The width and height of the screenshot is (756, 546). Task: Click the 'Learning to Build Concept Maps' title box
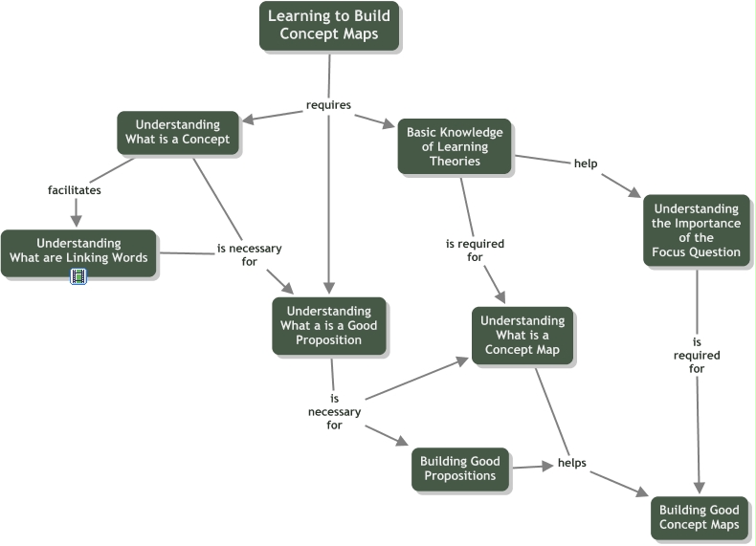tap(328, 26)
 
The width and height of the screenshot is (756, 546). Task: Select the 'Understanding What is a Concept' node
tap(177, 132)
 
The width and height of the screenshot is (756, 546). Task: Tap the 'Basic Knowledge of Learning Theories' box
tap(455, 146)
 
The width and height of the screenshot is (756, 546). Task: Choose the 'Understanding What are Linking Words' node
tap(78, 251)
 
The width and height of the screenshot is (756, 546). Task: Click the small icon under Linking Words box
tap(78, 276)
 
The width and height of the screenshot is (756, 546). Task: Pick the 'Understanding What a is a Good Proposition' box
tap(328, 325)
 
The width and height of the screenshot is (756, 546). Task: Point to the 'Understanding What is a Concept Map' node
tap(523, 335)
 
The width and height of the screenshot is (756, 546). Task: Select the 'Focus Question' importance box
tap(696, 230)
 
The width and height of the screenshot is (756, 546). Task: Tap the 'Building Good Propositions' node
tap(459, 469)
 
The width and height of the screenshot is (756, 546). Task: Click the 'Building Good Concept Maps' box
tap(698, 517)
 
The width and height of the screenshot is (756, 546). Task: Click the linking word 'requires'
tap(328, 104)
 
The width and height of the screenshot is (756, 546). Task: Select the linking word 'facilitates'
tap(75, 189)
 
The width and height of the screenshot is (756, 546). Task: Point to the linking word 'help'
tap(586, 164)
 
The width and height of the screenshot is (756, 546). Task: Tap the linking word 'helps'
tap(571, 464)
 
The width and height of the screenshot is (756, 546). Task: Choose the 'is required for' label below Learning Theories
tap(475, 251)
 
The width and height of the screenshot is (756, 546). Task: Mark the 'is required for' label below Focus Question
tap(698, 355)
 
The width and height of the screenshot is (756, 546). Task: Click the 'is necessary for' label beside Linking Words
tap(250, 254)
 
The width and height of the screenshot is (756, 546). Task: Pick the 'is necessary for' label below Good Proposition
tap(334, 412)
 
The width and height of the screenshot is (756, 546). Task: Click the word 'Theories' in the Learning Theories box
tap(455, 161)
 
